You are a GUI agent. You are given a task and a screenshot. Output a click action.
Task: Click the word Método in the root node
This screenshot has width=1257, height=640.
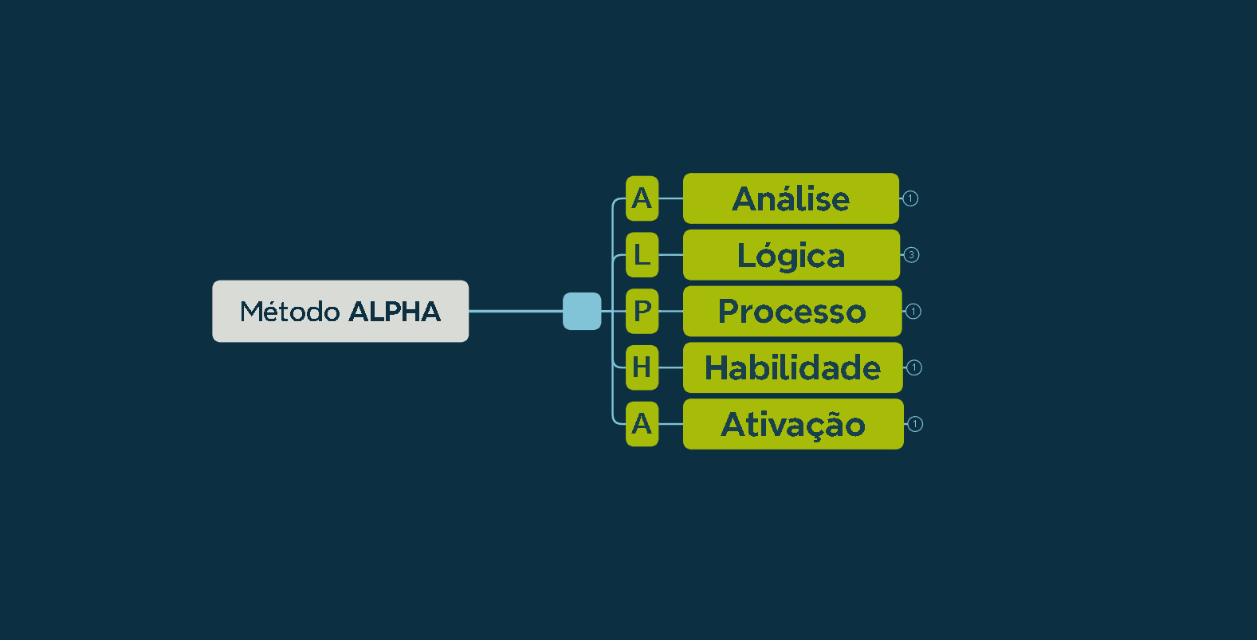289,312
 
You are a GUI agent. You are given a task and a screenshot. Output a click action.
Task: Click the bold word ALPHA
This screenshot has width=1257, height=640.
395,312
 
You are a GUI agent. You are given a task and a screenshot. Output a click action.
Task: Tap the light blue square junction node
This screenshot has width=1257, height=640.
582,312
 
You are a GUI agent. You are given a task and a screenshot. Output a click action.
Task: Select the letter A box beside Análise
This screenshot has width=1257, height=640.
642,198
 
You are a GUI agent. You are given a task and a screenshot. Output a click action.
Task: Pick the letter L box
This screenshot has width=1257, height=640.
642,255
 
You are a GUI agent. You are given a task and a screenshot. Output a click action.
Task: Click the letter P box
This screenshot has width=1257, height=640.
642,312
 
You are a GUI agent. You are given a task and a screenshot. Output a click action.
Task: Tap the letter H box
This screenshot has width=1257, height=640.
642,367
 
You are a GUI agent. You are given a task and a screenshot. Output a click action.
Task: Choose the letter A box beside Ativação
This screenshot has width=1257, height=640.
642,424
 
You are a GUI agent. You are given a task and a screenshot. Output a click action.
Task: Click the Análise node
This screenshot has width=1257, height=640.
792,198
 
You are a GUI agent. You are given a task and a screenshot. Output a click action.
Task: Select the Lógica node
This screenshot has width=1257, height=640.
792,255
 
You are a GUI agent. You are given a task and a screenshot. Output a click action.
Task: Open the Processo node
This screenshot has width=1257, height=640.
792,312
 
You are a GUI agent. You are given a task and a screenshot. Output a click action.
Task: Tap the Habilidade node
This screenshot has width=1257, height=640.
793,367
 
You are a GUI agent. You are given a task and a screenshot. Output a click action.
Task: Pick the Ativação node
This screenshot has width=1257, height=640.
793,424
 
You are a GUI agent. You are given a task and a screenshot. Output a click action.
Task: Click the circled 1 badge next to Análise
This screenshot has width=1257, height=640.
910,198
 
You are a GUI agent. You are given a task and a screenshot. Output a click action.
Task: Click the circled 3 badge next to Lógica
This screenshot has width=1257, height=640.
911,255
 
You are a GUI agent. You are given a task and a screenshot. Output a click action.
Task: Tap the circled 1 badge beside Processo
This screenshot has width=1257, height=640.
913,312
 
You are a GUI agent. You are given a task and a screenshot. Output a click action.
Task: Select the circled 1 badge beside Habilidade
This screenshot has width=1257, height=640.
914,367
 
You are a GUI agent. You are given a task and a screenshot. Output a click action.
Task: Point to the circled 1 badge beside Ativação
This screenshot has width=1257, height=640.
915,424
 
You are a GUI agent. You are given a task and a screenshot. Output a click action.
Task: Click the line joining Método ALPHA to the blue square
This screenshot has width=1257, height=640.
516,312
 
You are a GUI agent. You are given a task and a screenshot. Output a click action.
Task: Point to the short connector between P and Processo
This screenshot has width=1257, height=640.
670,312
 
